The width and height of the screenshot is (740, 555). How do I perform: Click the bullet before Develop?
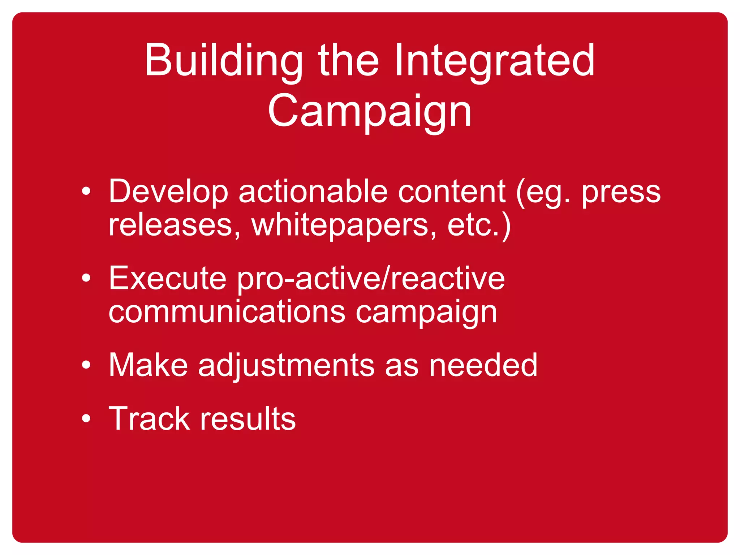86,192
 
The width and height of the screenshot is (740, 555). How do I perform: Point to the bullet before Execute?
86,278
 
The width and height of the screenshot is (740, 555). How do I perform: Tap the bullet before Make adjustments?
86,365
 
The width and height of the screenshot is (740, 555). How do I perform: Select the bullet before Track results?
86,418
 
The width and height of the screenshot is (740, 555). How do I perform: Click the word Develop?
168,192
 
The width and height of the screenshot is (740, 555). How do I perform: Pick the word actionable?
313,192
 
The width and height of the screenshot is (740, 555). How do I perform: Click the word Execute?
168,278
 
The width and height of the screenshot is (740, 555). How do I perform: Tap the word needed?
483,365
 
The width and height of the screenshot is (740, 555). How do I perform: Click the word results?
248,418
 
